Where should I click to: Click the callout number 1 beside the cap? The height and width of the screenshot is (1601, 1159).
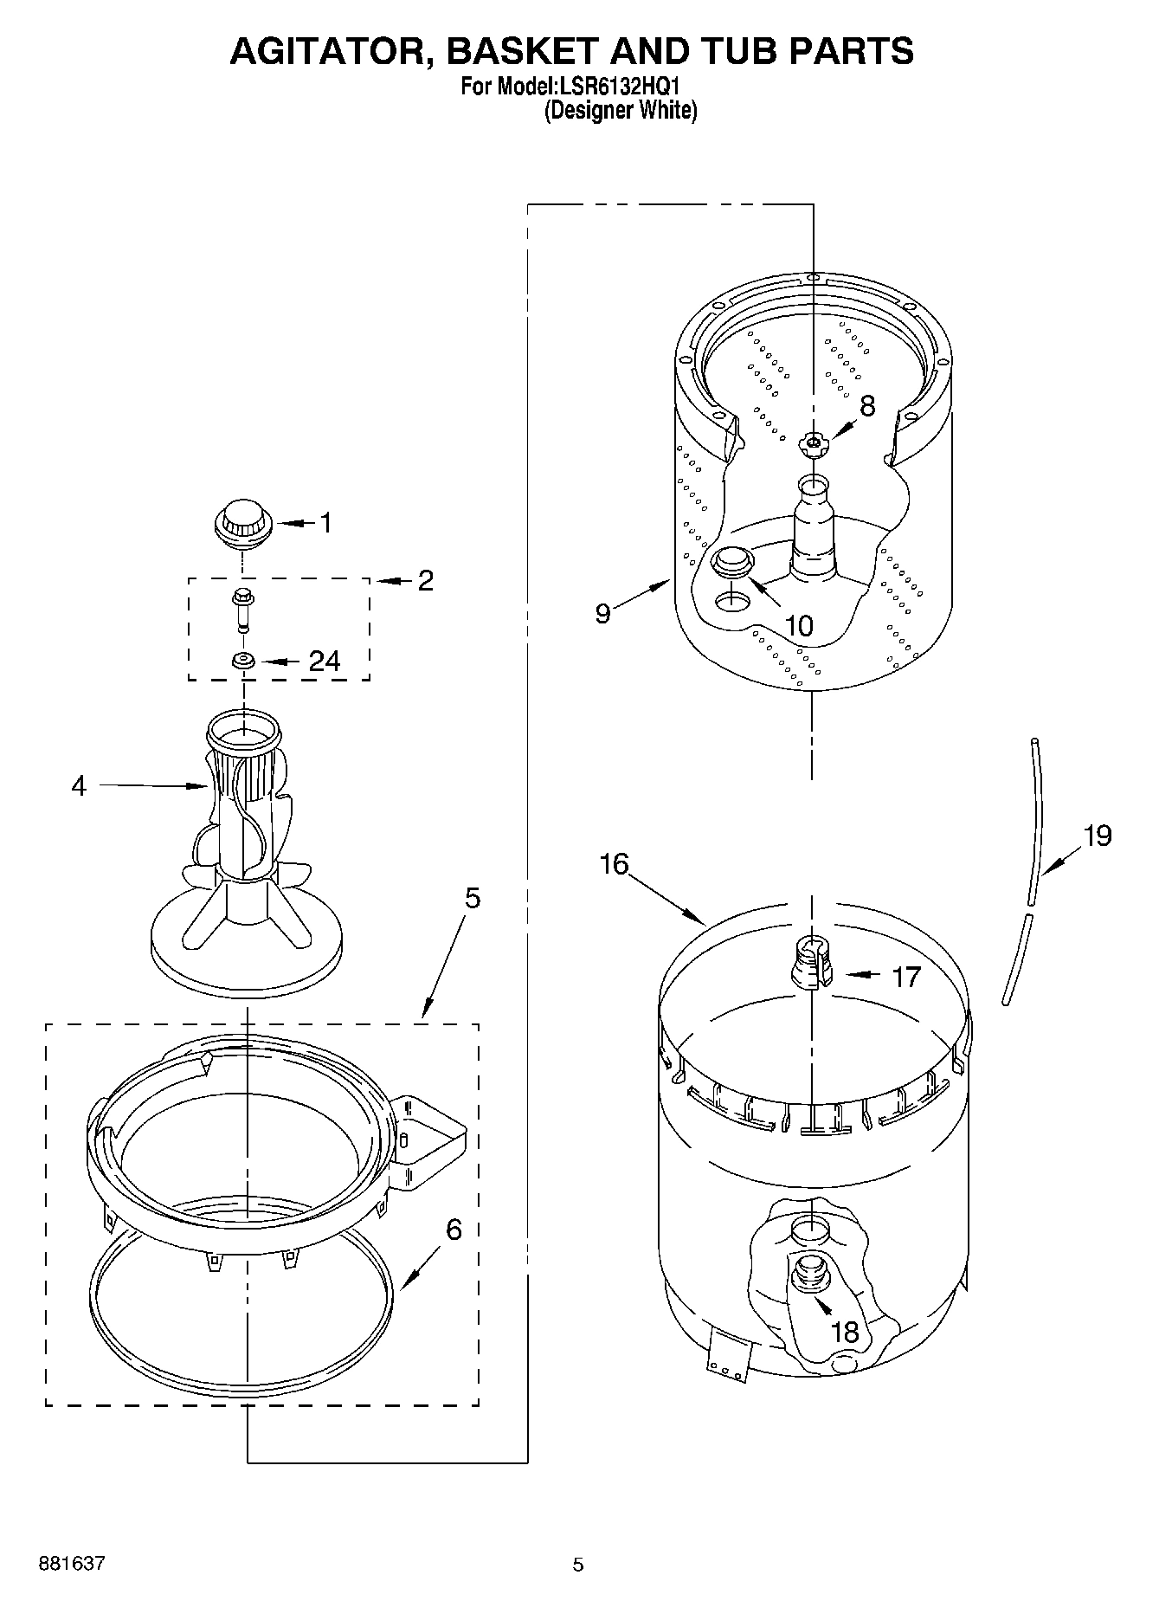tap(325, 522)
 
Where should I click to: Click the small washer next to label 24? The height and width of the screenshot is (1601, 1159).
tap(243, 662)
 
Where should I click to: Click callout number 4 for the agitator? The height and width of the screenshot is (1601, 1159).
tap(79, 786)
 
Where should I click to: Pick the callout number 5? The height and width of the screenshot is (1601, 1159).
tap(472, 899)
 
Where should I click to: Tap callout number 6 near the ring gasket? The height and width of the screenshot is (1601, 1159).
tap(454, 1230)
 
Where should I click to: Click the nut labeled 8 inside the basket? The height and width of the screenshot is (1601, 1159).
tap(812, 444)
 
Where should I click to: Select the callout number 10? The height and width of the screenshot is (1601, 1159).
tap(798, 625)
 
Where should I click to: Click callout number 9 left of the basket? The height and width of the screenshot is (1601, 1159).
tap(603, 613)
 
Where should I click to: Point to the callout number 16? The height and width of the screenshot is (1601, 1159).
tap(614, 864)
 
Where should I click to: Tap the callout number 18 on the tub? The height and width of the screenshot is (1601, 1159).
tap(844, 1332)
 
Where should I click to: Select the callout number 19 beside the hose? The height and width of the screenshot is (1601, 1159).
tap(1097, 836)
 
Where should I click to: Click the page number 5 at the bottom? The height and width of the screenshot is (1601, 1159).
tap(578, 1565)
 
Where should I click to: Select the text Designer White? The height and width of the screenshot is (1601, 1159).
tap(621, 110)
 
